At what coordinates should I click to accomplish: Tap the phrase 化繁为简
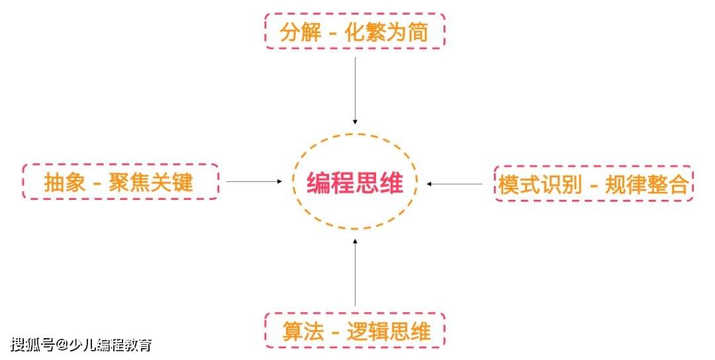click(x=386, y=32)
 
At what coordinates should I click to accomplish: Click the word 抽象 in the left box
click(x=65, y=182)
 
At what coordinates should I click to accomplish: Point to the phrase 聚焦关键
click(x=151, y=182)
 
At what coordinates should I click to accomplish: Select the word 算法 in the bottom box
click(x=303, y=332)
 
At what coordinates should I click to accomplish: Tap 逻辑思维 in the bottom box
click(x=389, y=332)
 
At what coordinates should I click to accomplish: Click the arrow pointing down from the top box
click(x=355, y=91)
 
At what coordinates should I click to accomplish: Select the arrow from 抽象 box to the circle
click(x=254, y=181)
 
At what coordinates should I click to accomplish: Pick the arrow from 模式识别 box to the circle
click(x=454, y=184)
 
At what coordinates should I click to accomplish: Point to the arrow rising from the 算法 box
click(x=355, y=272)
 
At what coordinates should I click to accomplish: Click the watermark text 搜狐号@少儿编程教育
click(x=81, y=345)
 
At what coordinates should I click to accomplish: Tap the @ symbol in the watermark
click(x=62, y=345)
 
